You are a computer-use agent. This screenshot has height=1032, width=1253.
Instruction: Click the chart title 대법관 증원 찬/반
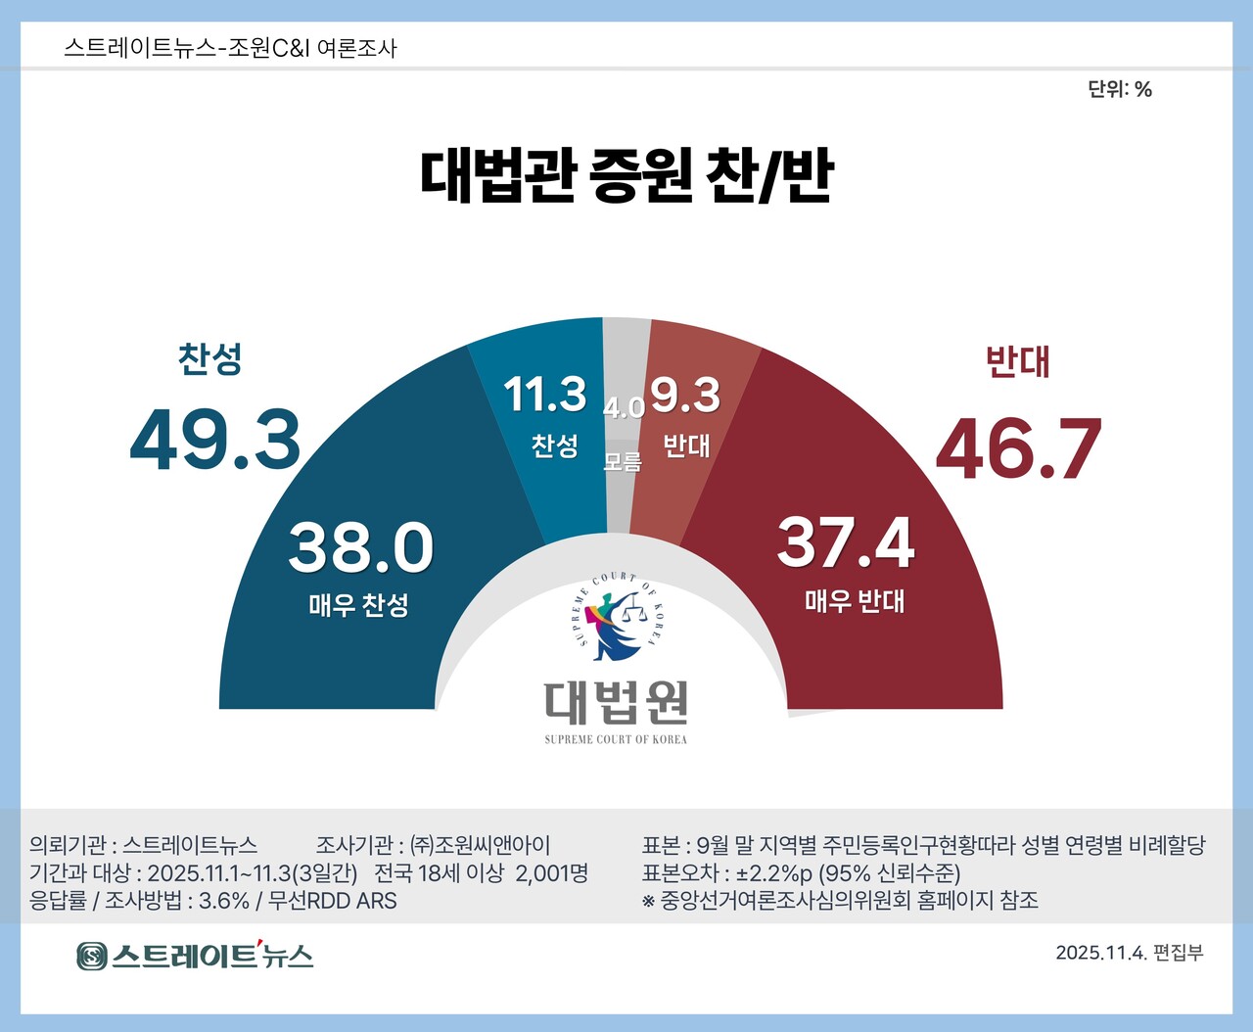[626, 176]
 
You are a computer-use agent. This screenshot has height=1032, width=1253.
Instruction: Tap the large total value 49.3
[215, 440]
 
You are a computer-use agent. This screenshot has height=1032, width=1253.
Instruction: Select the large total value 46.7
[1019, 448]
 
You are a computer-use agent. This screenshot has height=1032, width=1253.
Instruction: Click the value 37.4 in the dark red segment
[846, 541]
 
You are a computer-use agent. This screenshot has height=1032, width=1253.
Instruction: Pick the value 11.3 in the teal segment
[545, 395]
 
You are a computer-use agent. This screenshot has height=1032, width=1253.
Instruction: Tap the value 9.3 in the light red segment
[685, 395]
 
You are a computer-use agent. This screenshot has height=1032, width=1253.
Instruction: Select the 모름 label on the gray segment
[623, 460]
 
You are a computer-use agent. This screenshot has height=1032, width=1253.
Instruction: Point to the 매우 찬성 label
[358, 605]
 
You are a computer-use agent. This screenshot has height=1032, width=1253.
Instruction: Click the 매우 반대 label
[855, 600]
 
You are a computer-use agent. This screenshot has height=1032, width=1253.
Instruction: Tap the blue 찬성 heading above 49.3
[209, 358]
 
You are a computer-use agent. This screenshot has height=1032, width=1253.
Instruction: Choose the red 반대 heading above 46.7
[1017, 361]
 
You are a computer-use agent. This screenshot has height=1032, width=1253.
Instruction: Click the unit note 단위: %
[1120, 89]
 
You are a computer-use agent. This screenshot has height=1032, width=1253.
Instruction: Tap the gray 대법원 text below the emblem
[617, 702]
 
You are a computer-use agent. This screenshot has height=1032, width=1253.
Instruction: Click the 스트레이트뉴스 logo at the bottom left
[195, 955]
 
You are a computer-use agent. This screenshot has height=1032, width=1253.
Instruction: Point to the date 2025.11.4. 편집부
[1129, 953]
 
